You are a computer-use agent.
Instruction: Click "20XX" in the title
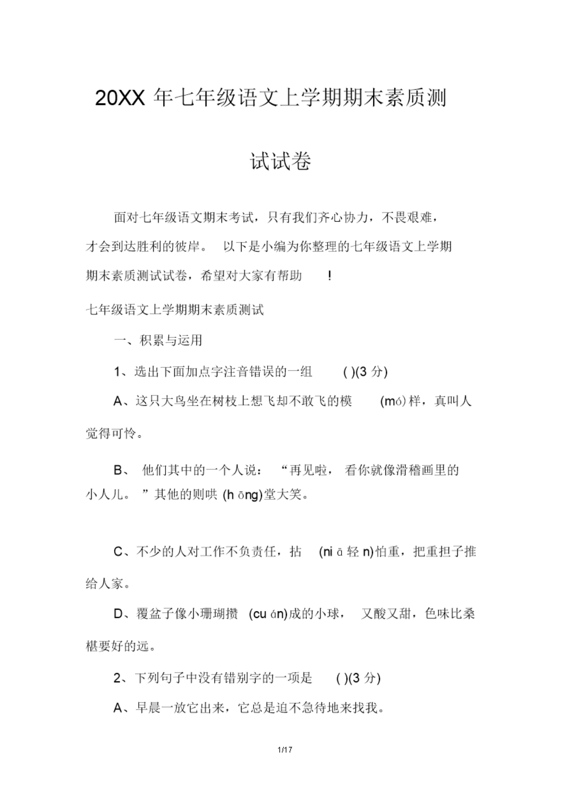[x=119, y=99]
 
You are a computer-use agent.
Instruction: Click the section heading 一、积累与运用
[x=158, y=340]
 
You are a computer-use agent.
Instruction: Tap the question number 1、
[x=121, y=372]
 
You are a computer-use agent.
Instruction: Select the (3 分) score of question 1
[x=372, y=372]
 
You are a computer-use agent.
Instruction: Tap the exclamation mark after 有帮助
[x=330, y=276]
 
